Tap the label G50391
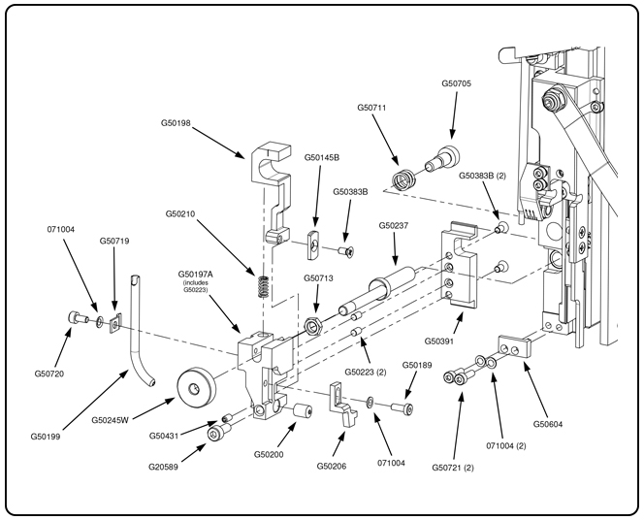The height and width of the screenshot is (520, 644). click(x=441, y=341)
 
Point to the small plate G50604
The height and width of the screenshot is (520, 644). click(x=516, y=346)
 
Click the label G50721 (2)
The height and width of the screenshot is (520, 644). click(x=458, y=468)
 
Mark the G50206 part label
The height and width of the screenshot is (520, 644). click(x=335, y=468)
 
